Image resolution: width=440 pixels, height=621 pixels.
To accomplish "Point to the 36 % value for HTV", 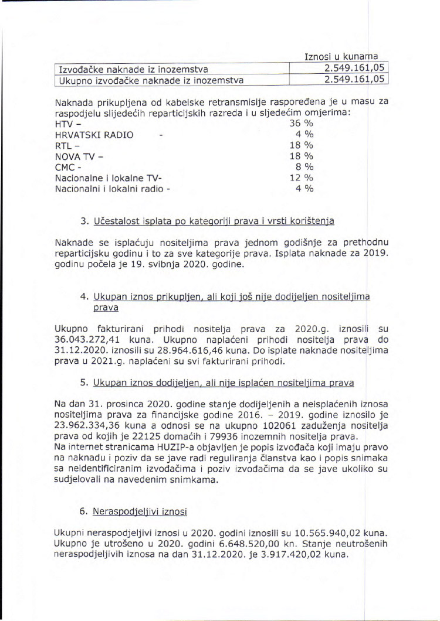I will pyautogui.click(x=302, y=124).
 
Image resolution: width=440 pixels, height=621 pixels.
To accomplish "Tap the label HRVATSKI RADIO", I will pyautogui.click(x=94, y=135).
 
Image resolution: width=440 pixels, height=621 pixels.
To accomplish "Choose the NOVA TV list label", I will pyautogui.click(x=79, y=156).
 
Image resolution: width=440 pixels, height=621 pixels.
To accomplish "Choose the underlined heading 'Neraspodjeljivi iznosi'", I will pyautogui.click(x=140, y=512).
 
